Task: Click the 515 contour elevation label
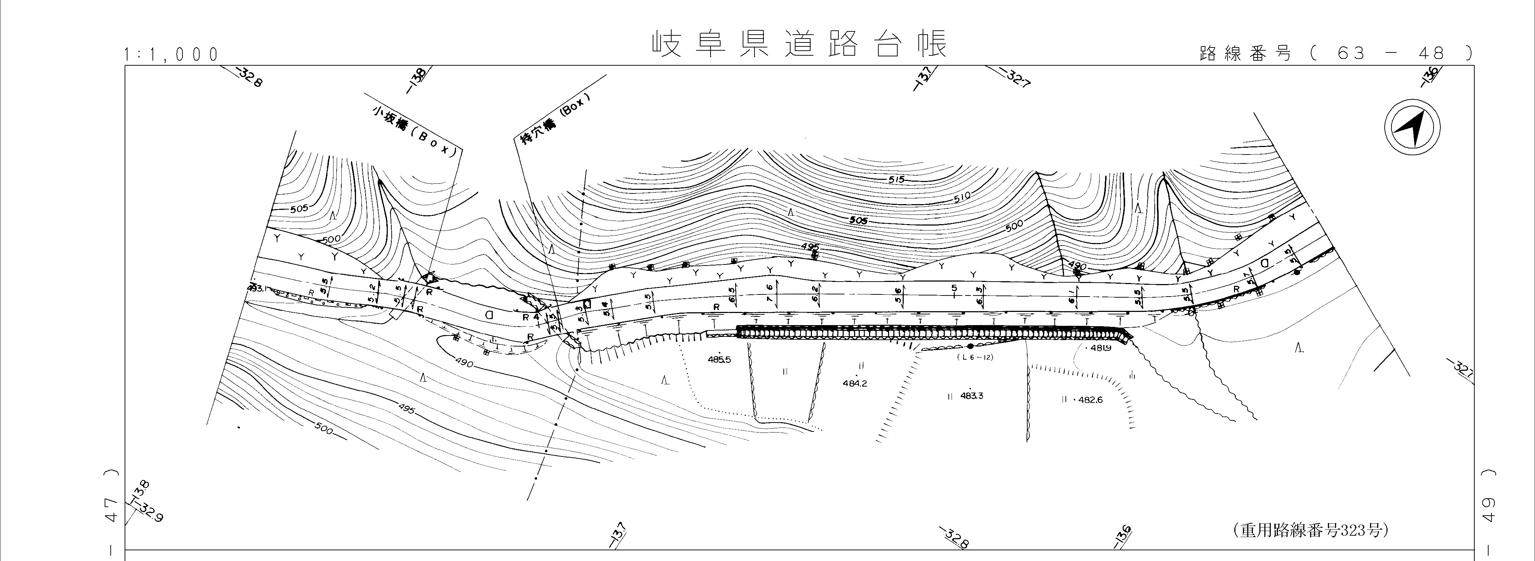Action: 895,179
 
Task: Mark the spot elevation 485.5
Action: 719,360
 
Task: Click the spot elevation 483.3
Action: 971,395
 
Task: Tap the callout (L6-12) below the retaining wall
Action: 975,357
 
